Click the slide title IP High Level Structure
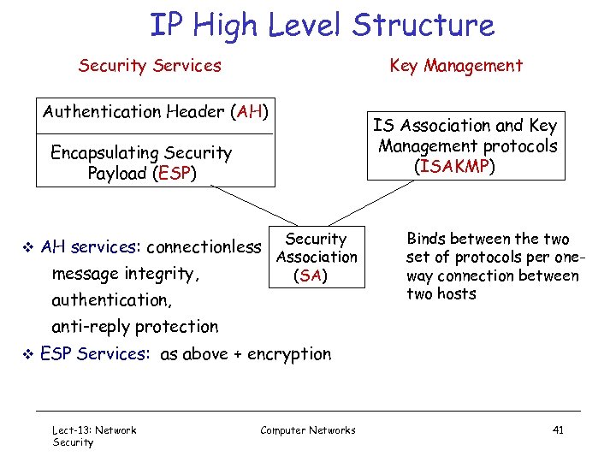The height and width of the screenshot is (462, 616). click(322, 25)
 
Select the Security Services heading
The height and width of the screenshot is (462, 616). click(150, 66)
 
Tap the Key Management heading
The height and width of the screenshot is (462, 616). click(456, 66)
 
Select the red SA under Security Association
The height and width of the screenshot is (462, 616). click(310, 275)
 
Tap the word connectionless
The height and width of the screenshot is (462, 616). click(204, 248)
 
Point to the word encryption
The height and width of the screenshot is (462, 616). click(289, 353)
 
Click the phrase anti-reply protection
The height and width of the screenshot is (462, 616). click(135, 327)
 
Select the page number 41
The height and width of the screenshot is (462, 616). click(557, 430)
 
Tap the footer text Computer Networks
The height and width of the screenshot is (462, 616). click(308, 430)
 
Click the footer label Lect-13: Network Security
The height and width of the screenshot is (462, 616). click(94, 435)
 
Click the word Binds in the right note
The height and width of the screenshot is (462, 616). click(426, 240)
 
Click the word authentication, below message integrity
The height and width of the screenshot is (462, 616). click(111, 300)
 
